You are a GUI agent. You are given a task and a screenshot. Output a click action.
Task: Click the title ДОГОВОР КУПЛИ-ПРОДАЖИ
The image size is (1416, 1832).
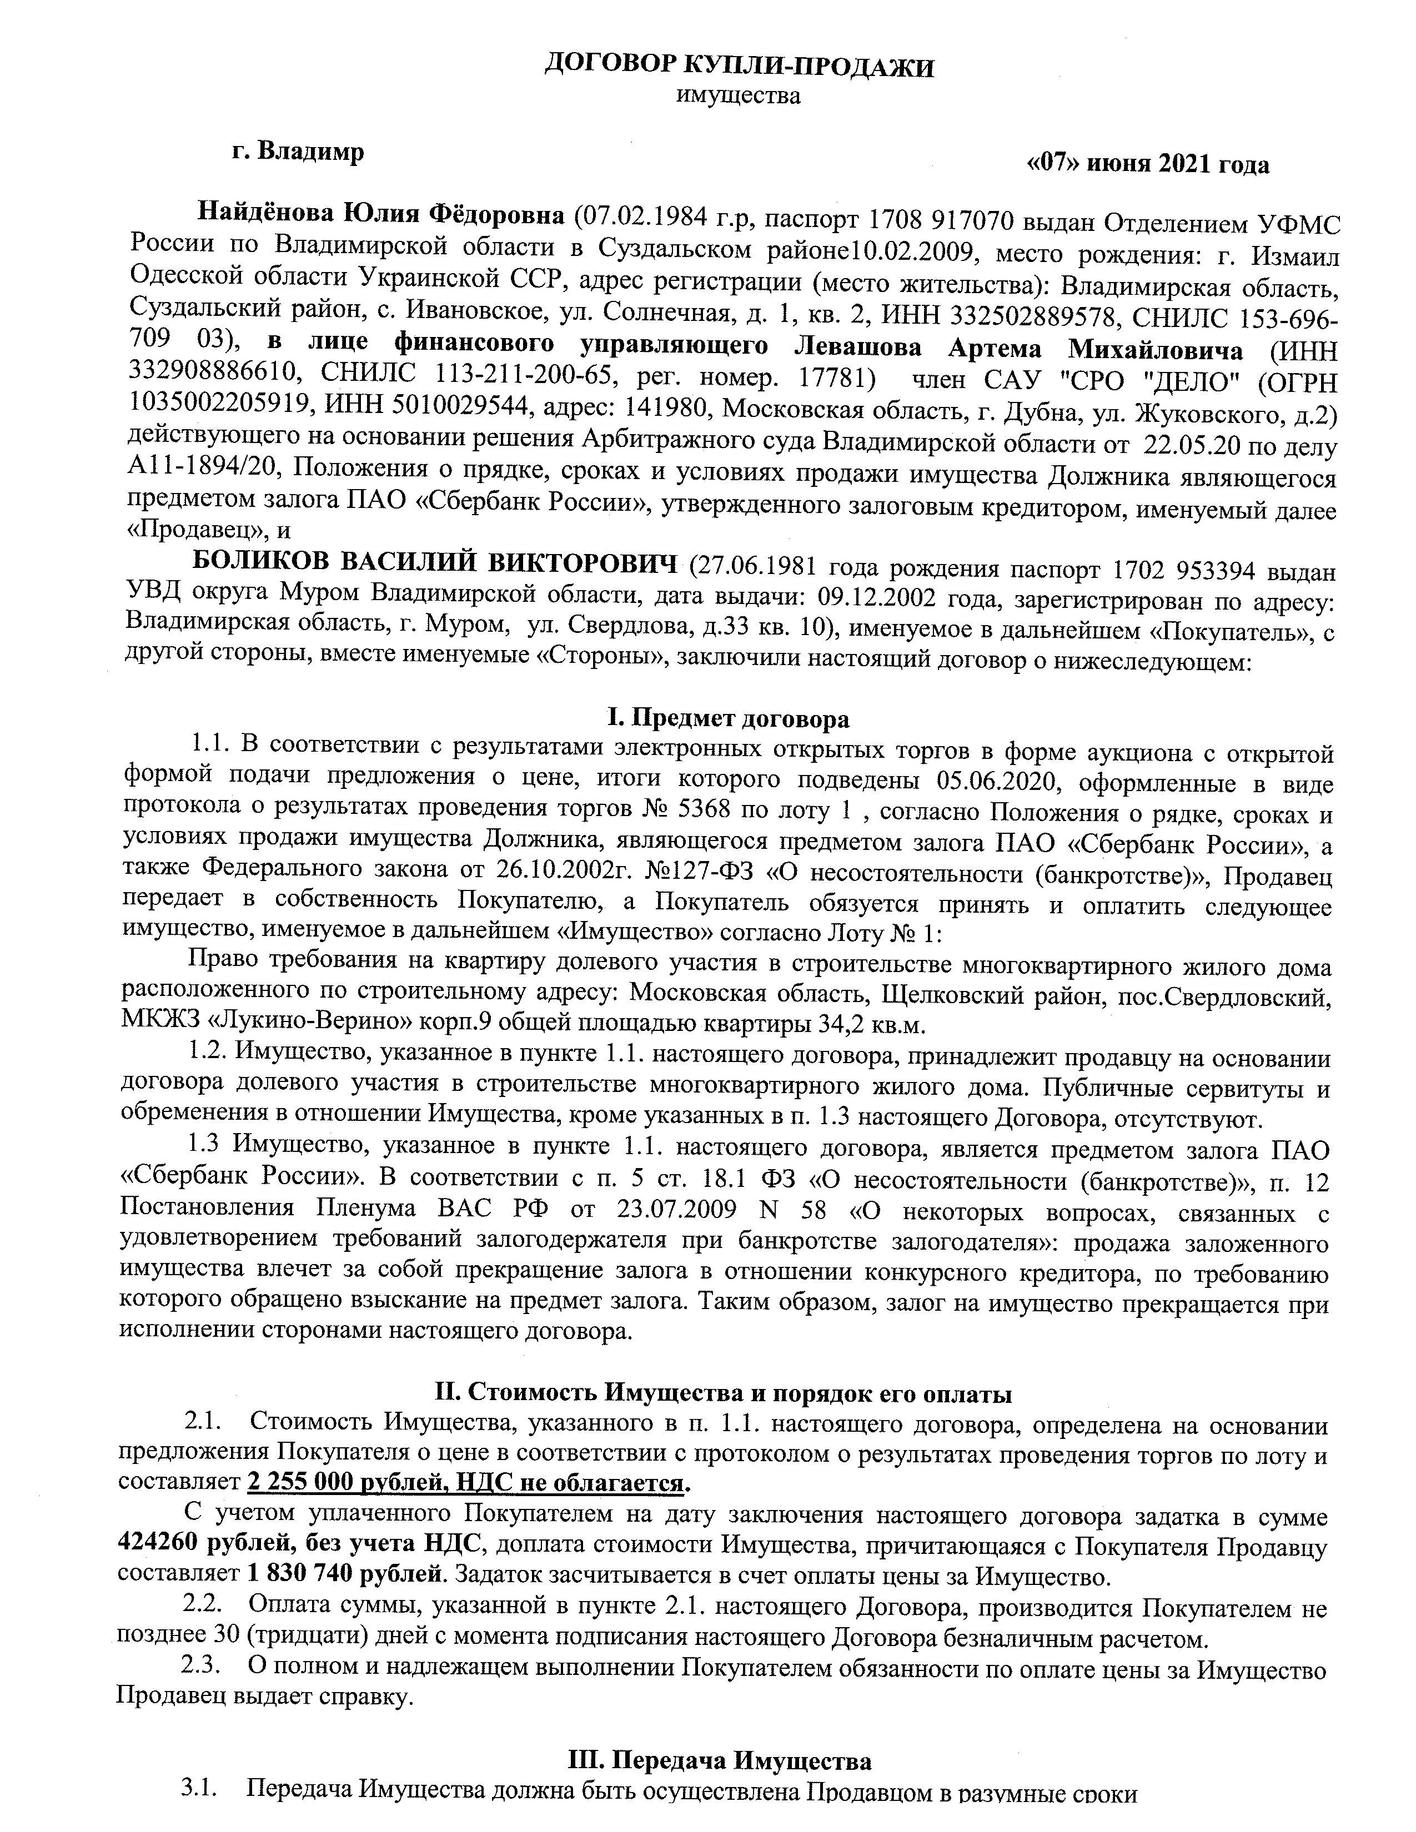point(738,66)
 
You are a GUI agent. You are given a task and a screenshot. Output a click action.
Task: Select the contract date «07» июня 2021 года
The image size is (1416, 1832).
point(1148,164)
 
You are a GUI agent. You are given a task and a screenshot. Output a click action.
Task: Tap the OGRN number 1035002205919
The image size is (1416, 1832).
point(215,409)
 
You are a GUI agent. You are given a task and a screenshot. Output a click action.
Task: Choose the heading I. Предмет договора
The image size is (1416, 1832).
point(727,719)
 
